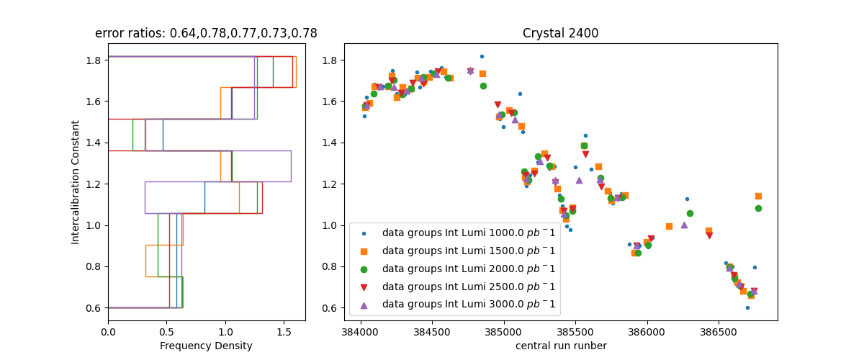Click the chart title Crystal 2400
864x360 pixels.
tap(560, 33)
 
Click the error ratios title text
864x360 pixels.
tap(206, 33)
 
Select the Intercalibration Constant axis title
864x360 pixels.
tap(76, 182)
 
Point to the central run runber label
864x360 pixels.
tap(561, 346)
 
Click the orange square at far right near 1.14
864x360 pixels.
tap(758, 196)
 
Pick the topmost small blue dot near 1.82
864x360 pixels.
tap(482, 56)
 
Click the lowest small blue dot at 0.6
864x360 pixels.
tap(747, 307)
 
